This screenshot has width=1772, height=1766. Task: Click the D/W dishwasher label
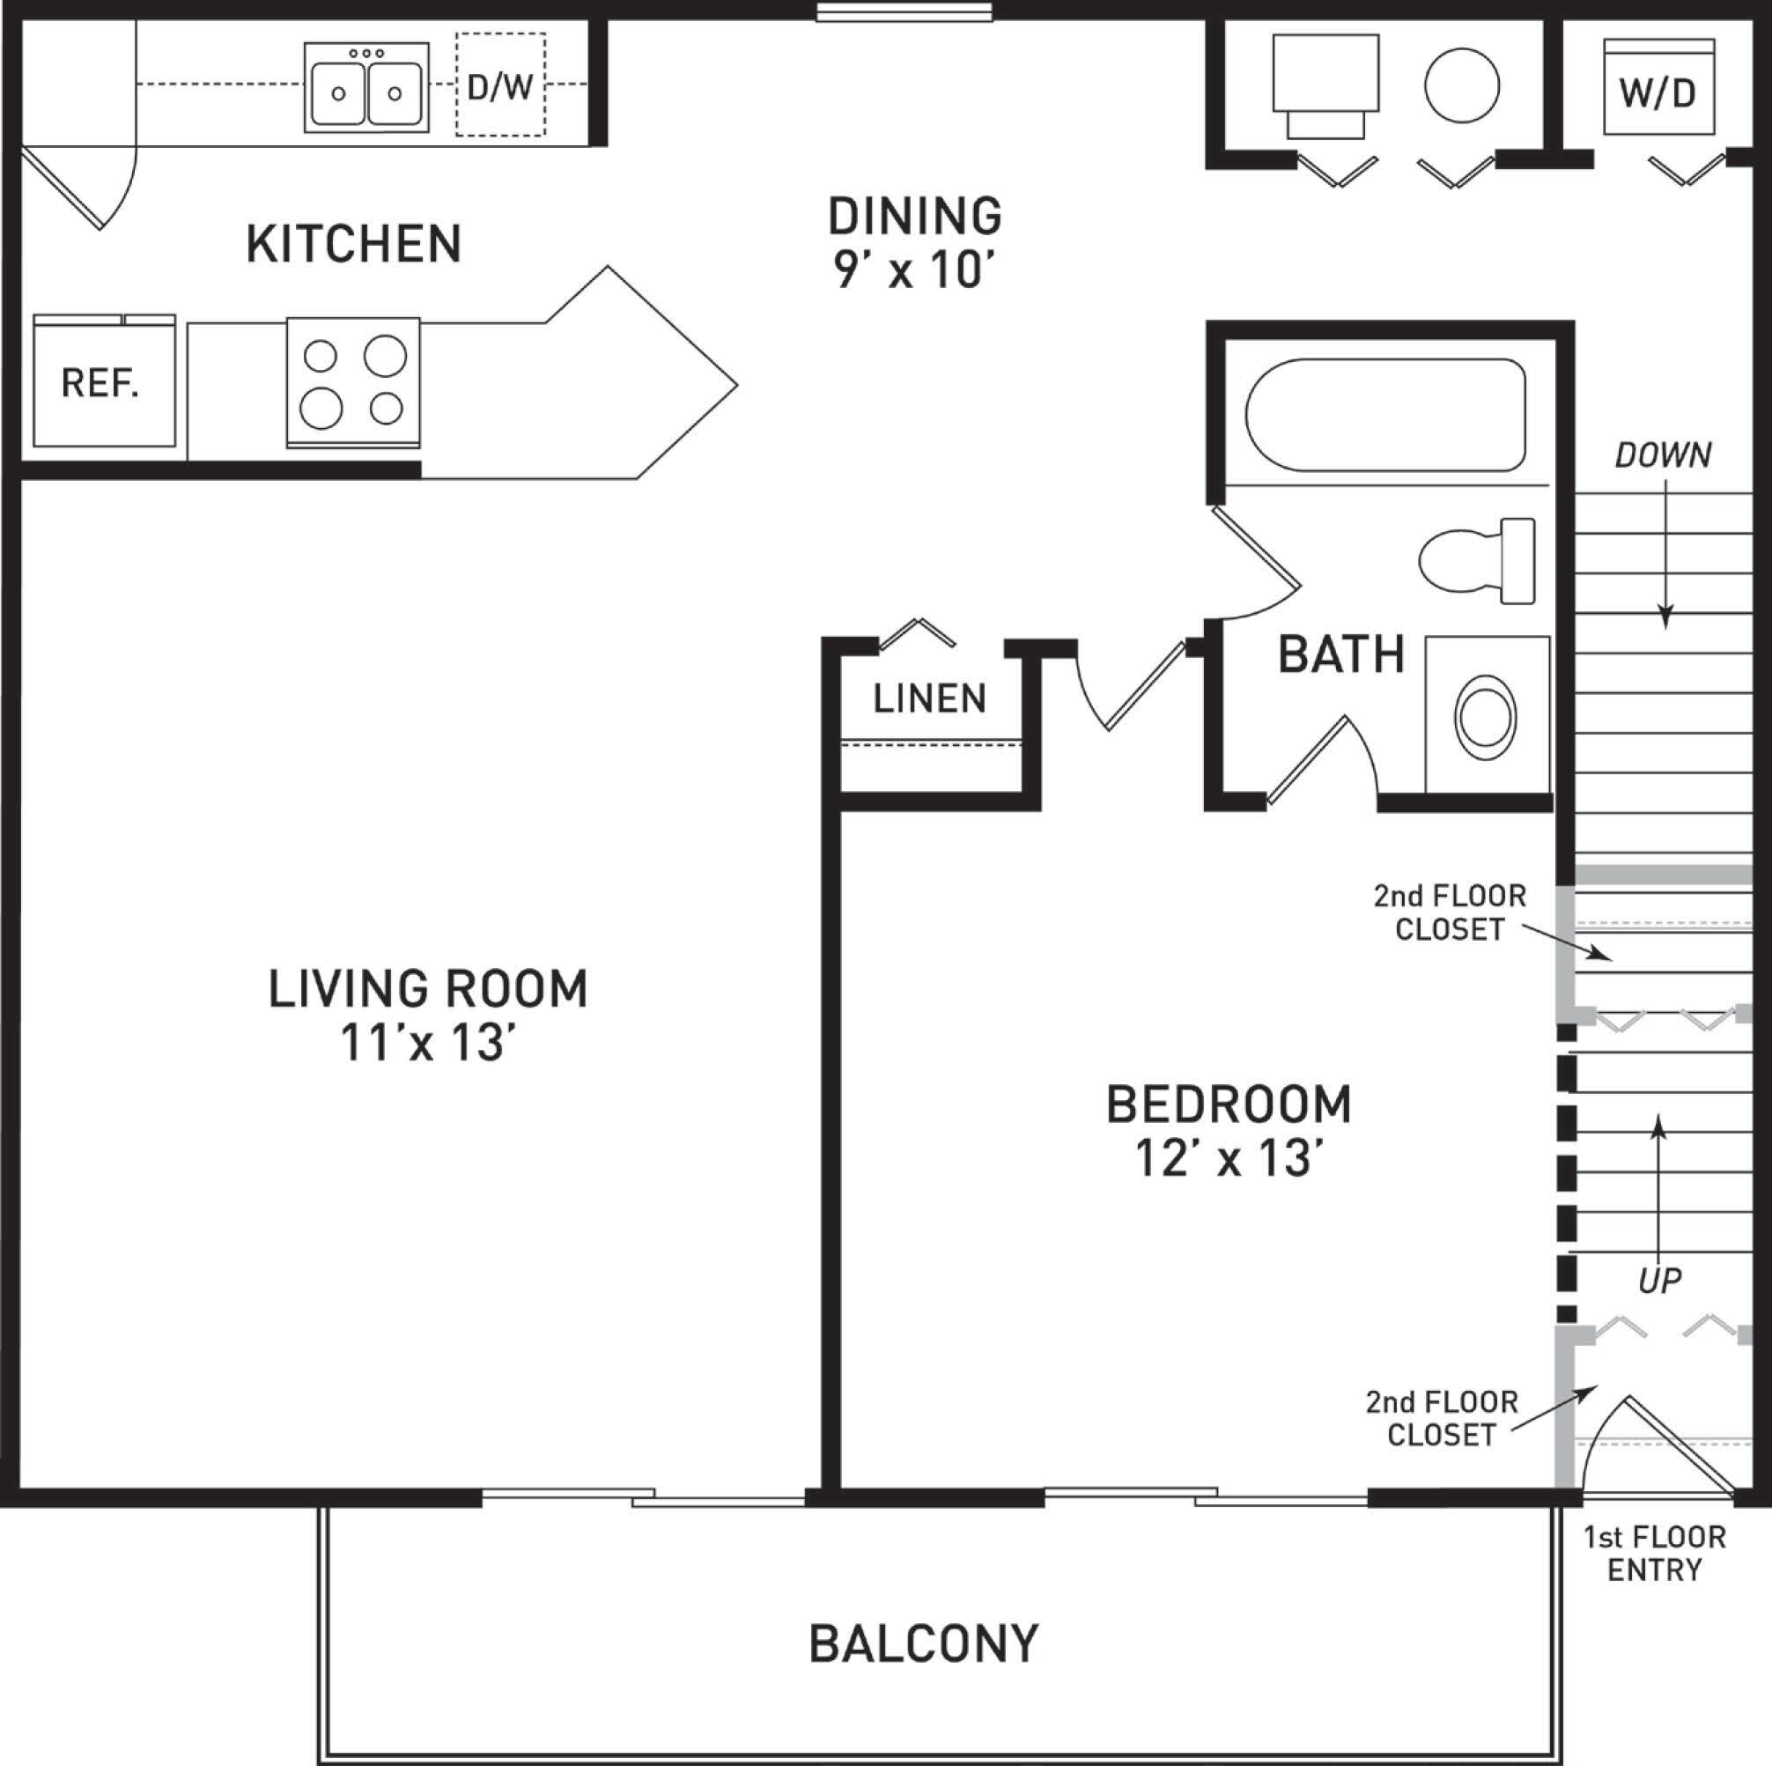click(x=500, y=87)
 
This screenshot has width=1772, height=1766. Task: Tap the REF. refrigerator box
click(x=104, y=382)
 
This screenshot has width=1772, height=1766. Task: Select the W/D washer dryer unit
click(x=1658, y=89)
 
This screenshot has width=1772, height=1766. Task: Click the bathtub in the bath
click(x=1385, y=415)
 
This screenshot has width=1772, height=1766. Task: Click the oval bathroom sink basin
click(x=1485, y=717)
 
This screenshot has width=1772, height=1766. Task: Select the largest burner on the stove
click(x=385, y=355)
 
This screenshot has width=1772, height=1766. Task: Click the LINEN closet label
click(x=929, y=699)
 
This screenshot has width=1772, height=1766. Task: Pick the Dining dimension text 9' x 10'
click(x=913, y=270)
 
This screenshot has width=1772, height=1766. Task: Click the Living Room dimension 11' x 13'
click(x=427, y=1043)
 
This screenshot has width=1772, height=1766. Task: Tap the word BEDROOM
click(x=1228, y=1105)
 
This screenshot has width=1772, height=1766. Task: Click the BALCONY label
click(x=923, y=1644)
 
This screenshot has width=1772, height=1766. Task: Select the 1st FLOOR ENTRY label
click(x=1655, y=1554)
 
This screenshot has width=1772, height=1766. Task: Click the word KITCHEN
click(x=353, y=244)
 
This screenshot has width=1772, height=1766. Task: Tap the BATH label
click(x=1341, y=655)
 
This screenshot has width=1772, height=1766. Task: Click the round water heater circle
click(x=1462, y=85)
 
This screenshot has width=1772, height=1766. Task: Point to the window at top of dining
click(x=904, y=12)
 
